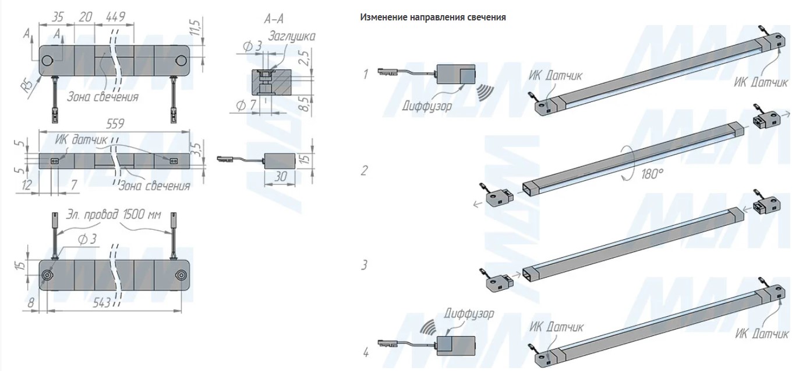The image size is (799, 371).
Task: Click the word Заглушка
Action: tap(291, 36)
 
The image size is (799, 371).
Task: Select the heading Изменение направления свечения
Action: tap(433, 17)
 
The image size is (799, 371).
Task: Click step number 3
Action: tap(365, 265)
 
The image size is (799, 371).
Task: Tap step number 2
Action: tap(365, 171)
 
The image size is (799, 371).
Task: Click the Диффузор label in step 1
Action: tap(426, 106)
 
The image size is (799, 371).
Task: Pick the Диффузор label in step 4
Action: tap(468, 314)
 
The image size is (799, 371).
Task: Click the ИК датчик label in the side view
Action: tap(82, 140)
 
